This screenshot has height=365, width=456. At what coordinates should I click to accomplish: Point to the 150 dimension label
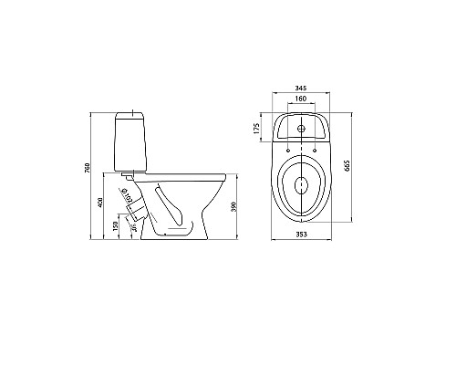[x=114, y=224]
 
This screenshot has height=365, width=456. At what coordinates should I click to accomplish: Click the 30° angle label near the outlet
[x=133, y=229]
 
